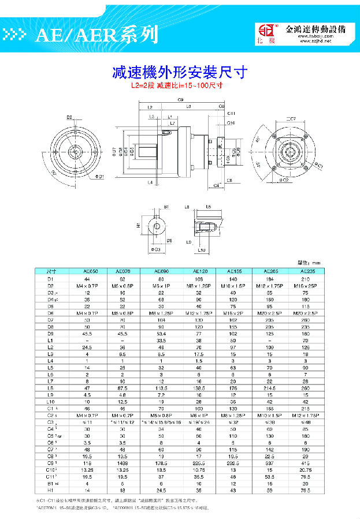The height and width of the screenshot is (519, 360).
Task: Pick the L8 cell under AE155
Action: tap(233, 389)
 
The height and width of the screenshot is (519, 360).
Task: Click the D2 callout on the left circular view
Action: tap(69, 118)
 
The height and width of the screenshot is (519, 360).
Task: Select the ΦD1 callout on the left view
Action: tap(99, 177)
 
